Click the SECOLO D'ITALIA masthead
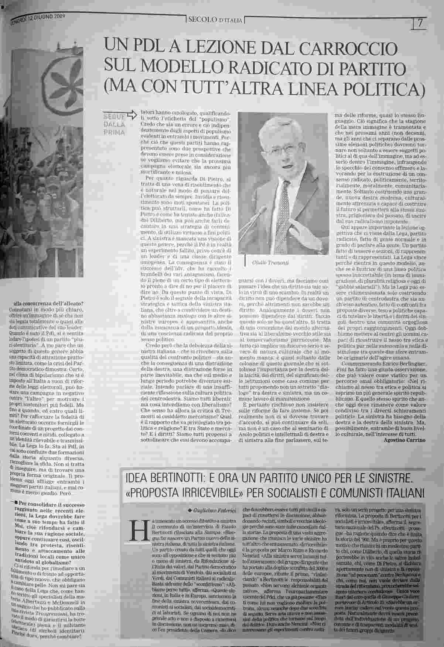[x=215, y=20]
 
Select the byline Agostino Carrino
[x=405, y=440]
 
